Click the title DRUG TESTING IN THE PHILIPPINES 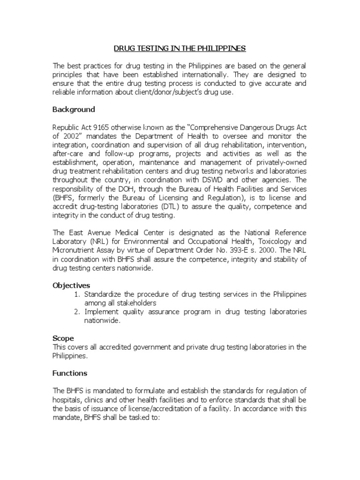click(x=180, y=48)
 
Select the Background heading click(x=74, y=109)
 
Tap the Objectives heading click(x=71, y=285)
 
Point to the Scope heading click(x=63, y=338)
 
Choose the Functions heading click(x=70, y=373)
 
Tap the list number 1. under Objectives click(x=78, y=294)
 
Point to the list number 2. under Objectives click(x=78, y=312)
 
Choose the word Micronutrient click(x=74, y=250)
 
